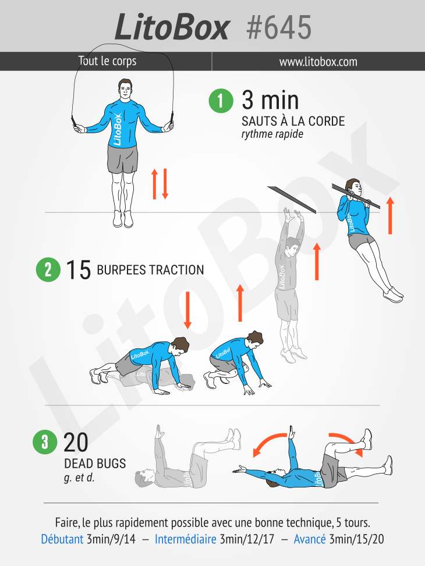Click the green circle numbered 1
(x=221, y=101)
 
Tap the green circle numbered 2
(x=48, y=269)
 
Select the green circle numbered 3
(x=45, y=442)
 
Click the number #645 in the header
(x=279, y=27)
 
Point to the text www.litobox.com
(x=318, y=62)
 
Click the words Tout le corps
(x=107, y=61)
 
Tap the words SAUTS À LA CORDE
(x=293, y=121)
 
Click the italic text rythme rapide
(x=272, y=134)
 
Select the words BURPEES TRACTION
(x=150, y=270)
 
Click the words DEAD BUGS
(x=95, y=464)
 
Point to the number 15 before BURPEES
(x=78, y=270)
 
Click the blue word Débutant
(x=62, y=539)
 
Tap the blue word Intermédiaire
(x=185, y=539)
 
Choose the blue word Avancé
(x=310, y=539)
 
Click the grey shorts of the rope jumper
(x=122, y=159)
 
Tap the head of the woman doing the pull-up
(x=353, y=188)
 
